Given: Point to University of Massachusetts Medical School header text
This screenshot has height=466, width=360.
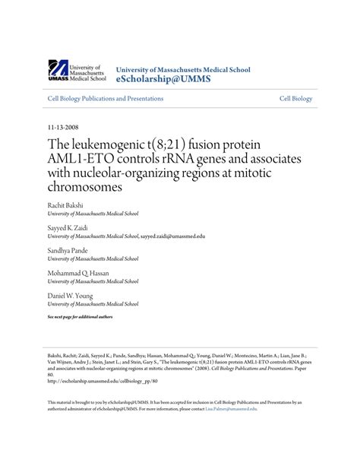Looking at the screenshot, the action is tap(182, 70).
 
